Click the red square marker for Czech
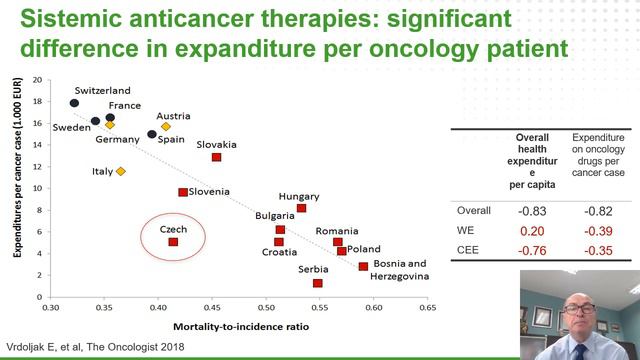(x=173, y=242)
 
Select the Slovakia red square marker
(x=216, y=157)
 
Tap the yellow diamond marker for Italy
(x=121, y=171)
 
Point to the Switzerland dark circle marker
(x=75, y=103)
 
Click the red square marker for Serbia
(x=318, y=283)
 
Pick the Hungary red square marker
(x=301, y=208)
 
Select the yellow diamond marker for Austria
(x=166, y=127)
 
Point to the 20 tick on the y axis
(x=37, y=80)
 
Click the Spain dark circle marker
(x=152, y=134)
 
